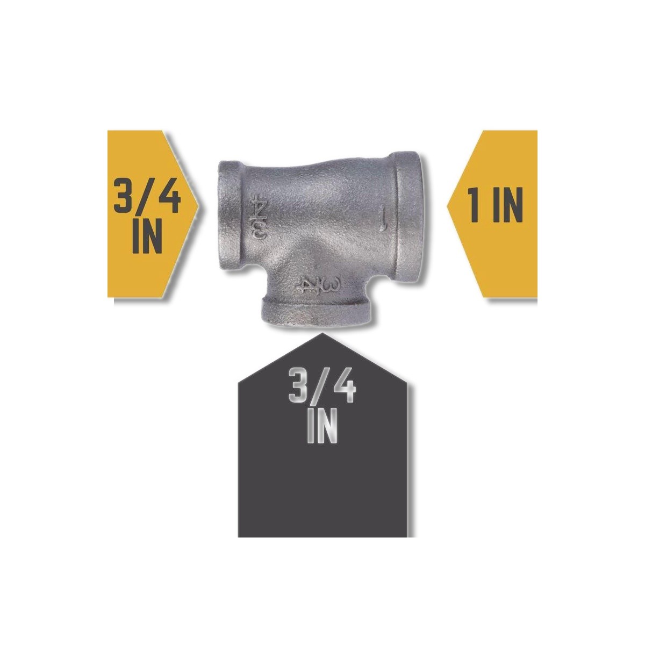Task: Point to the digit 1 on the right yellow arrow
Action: pyautogui.click(x=474, y=204)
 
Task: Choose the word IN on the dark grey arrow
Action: pyautogui.click(x=321, y=425)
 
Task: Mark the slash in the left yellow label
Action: pyautogui.click(x=146, y=196)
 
